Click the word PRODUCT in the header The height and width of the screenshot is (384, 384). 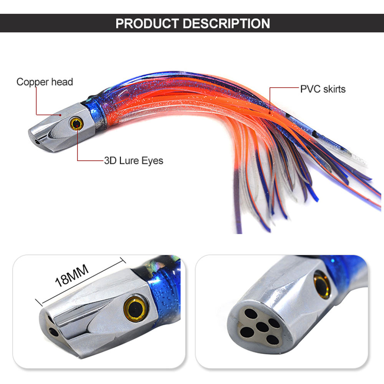pos(147,23)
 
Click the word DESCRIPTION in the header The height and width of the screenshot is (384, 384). pos(226,23)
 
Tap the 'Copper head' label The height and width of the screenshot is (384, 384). pos(45,82)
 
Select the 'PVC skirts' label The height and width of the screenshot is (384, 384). pos(323,89)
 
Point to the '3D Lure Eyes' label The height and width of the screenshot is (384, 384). pos(134,161)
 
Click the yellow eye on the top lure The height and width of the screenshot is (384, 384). pos(76,124)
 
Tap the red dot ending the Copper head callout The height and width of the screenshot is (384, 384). pos(60,114)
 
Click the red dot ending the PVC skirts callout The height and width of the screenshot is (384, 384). pos(270,113)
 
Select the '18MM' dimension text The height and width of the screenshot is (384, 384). pos(71,276)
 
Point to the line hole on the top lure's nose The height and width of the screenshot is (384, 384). pos(37,142)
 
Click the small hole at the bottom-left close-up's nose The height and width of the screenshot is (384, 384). pos(54,332)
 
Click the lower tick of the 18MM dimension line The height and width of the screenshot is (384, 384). pos(39,303)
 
